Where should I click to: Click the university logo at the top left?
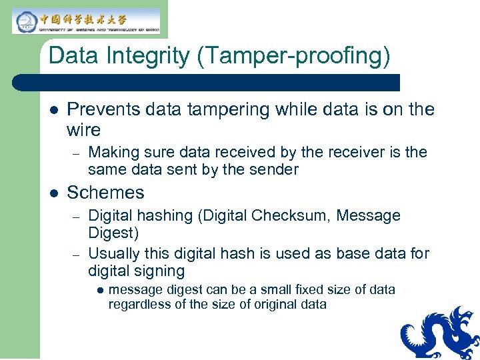pos(86,21)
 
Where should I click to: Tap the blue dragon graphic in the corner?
pos(440,333)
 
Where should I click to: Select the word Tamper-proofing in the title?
pos(293,56)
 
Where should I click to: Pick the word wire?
pos(84,129)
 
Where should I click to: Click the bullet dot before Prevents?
pos(53,110)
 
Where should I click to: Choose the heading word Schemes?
pos(105,193)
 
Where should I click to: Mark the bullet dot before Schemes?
pos(53,193)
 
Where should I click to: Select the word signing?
pos(160,271)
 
